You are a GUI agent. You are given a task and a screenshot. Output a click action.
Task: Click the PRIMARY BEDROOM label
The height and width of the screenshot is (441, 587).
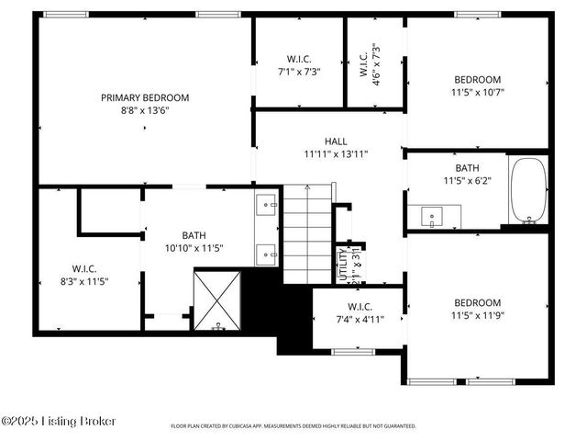click(145, 97)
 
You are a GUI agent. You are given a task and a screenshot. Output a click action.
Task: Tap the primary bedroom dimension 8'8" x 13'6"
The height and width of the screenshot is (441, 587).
click(145, 109)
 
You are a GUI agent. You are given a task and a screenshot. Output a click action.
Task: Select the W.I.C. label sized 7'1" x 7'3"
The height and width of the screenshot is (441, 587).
click(298, 59)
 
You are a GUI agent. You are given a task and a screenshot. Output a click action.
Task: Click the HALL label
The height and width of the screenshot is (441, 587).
click(335, 141)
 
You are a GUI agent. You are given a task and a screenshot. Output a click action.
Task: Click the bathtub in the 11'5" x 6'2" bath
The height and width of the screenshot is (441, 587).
click(528, 191)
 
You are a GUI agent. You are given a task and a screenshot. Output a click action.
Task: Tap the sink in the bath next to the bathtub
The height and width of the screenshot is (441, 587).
click(431, 218)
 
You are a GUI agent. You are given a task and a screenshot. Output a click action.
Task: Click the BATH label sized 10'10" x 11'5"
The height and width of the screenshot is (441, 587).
click(194, 235)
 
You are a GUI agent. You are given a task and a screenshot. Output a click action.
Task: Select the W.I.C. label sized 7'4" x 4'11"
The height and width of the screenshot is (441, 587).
click(359, 306)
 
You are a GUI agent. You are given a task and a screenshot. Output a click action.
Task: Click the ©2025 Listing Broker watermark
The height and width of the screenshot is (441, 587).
click(59, 422)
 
